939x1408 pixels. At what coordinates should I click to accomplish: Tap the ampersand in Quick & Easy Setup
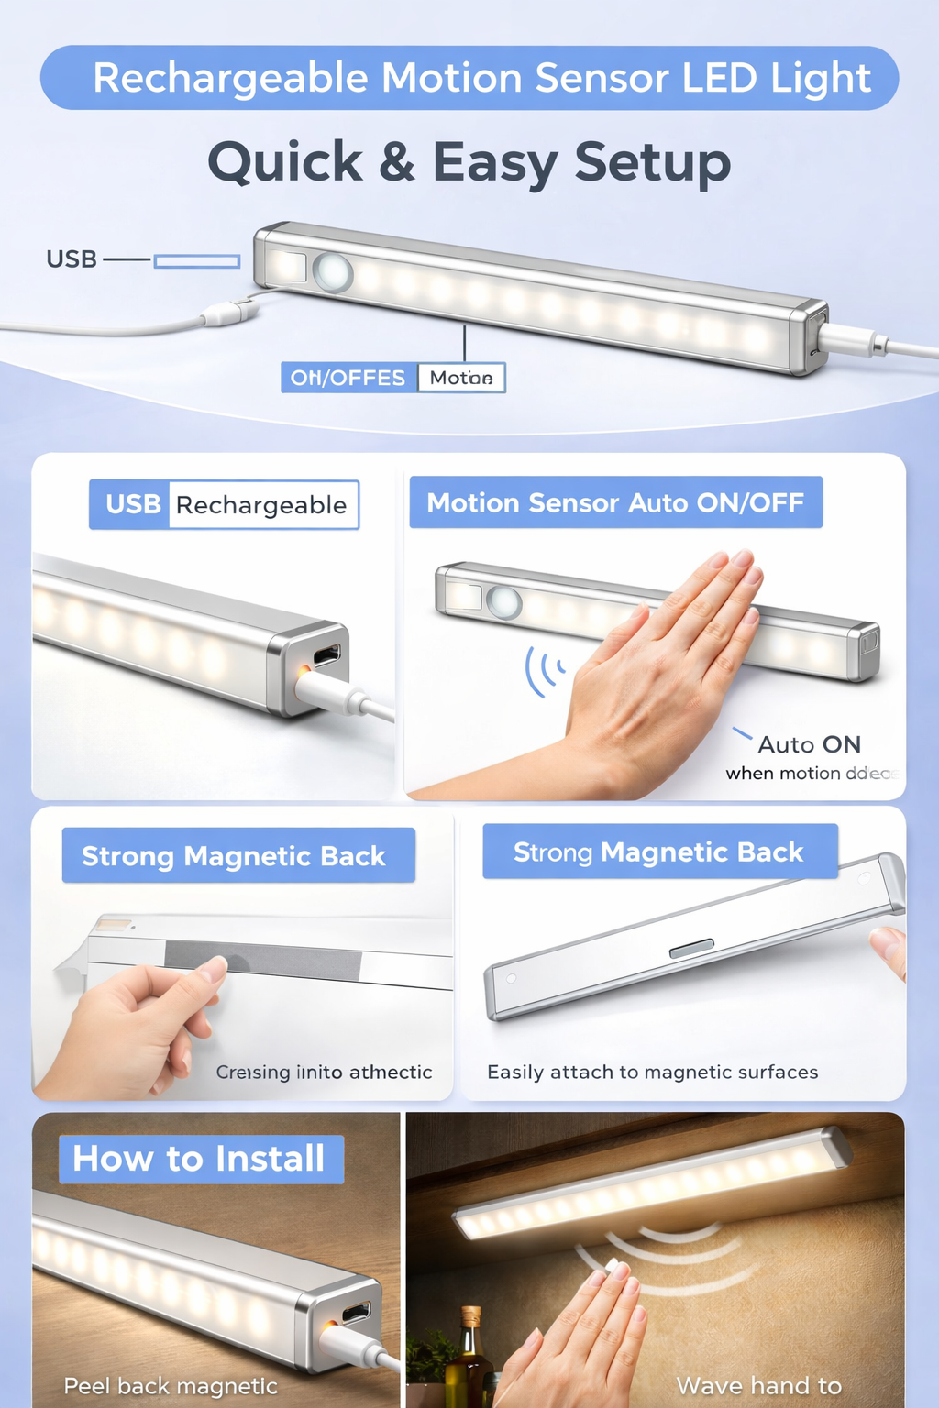[396, 162]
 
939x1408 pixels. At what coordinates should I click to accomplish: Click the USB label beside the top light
[72, 259]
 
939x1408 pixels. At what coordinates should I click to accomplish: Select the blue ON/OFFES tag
[348, 378]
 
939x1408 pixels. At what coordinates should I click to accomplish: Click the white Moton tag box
[461, 378]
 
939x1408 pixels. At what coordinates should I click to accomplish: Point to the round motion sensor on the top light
[332, 272]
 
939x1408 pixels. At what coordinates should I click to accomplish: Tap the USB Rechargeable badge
[224, 504]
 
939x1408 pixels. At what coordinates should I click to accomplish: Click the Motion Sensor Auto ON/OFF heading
[615, 502]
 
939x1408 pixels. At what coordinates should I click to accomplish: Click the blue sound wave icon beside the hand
[545, 671]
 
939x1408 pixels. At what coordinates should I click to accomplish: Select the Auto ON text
[809, 744]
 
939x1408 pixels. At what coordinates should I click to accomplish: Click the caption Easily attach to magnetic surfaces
[652, 1072]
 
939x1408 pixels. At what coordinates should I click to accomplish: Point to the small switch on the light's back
[691, 950]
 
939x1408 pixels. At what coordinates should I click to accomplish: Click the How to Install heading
[200, 1159]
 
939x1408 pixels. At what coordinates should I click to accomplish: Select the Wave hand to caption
[758, 1385]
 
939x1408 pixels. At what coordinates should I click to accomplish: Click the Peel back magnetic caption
[171, 1386]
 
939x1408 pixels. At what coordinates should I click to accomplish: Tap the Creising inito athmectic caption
[324, 1072]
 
